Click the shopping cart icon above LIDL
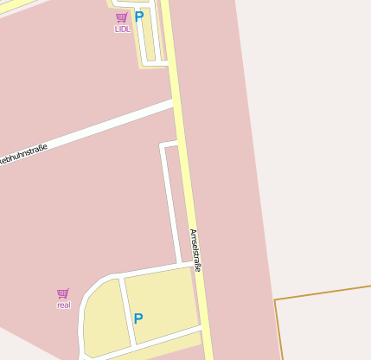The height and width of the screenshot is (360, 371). [121, 17]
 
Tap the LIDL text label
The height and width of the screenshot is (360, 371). [122, 29]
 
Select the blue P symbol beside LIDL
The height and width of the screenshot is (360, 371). [138, 16]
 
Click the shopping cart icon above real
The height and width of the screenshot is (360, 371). [62, 293]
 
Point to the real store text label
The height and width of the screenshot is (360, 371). [63, 305]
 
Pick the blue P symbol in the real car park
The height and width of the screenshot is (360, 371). [138, 318]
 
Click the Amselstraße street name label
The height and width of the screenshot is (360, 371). [195, 251]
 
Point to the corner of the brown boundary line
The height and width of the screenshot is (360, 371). [275, 300]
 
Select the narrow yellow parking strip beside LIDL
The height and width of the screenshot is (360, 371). [150, 39]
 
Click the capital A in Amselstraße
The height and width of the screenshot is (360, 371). [192, 232]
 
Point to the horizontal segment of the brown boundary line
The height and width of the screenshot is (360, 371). [324, 292]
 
